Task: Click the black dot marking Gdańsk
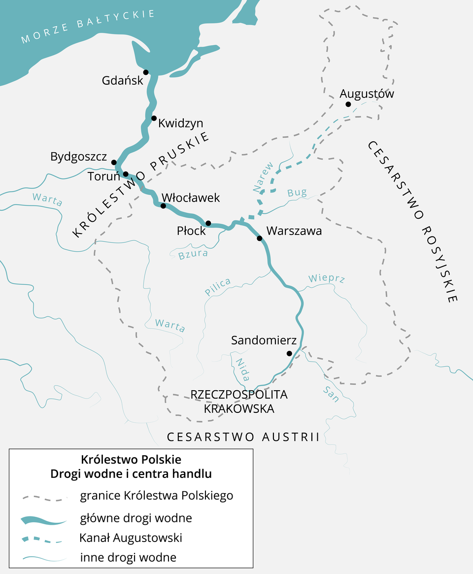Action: coord(146,72)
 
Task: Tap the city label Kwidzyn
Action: coord(180,123)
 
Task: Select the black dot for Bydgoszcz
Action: coord(114,163)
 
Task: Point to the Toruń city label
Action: coord(103,176)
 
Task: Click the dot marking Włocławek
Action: coord(163,206)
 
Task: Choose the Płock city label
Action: coord(191,231)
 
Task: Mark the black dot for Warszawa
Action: coord(260,238)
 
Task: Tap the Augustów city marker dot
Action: coord(348,104)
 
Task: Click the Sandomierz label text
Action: coord(264,340)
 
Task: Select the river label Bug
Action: coord(297,193)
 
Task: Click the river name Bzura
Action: coord(193,255)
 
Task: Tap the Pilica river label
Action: coord(218,287)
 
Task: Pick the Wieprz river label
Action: coord(326,278)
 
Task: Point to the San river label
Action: coord(331,394)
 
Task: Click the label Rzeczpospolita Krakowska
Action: coord(239,402)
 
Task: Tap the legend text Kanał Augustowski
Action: coord(131,538)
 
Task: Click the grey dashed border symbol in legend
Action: coord(44,498)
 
